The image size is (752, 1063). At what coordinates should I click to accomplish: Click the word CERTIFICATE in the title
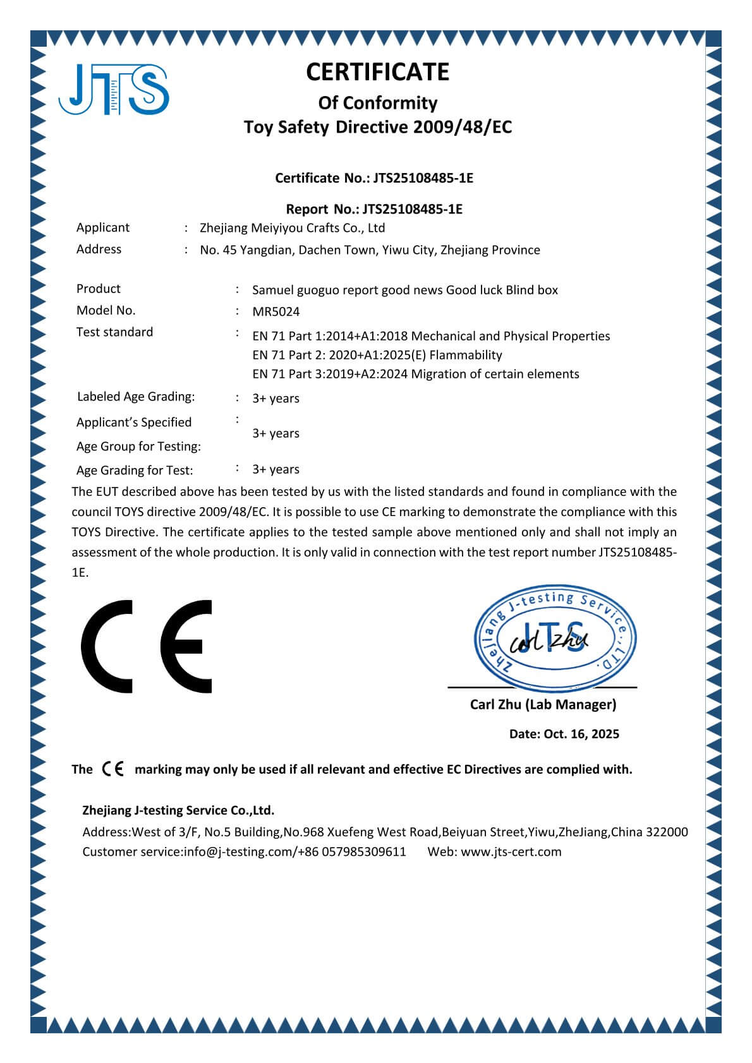pyautogui.click(x=377, y=72)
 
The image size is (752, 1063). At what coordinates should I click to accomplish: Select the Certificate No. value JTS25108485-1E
pyautogui.click(x=423, y=178)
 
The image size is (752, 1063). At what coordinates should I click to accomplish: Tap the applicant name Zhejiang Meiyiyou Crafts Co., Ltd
pyautogui.click(x=292, y=228)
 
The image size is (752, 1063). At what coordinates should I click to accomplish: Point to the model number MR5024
pyautogui.click(x=276, y=311)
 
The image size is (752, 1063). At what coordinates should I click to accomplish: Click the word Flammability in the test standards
pyautogui.click(x=466, y=355)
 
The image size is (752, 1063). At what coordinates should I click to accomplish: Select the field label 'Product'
pyautogui.click(x=99, y=289)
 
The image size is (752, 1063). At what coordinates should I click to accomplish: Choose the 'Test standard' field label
pyautogui.click(x=114, y=332)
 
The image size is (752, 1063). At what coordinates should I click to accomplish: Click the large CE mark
pyautogui.click(x=147, y=646)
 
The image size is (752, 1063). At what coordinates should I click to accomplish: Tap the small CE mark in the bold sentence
pyautogui.click(x=113, y=769)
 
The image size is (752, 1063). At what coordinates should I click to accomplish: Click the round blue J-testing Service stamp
pyautogui.click(x=555, y=638)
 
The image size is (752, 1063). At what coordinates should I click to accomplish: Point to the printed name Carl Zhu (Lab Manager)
pyautogui.click(x=543, y=704)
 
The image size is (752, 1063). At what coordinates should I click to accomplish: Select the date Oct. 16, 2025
pyautogui.click(x=581, y=734)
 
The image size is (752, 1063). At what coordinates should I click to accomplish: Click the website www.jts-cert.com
pyautogui.click(x=511, y=851)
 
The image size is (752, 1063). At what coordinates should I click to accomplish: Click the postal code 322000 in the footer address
pyautogui.click(x=668, y=832)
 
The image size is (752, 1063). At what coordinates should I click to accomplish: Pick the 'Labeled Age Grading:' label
pyautogui.click(x=136, y=397)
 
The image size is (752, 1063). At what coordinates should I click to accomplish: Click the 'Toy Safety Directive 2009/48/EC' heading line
pyautogui.click(x=377, y=128)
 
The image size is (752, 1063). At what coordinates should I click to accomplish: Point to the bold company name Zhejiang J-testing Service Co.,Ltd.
pyautogui.click(x=178, y=810)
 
